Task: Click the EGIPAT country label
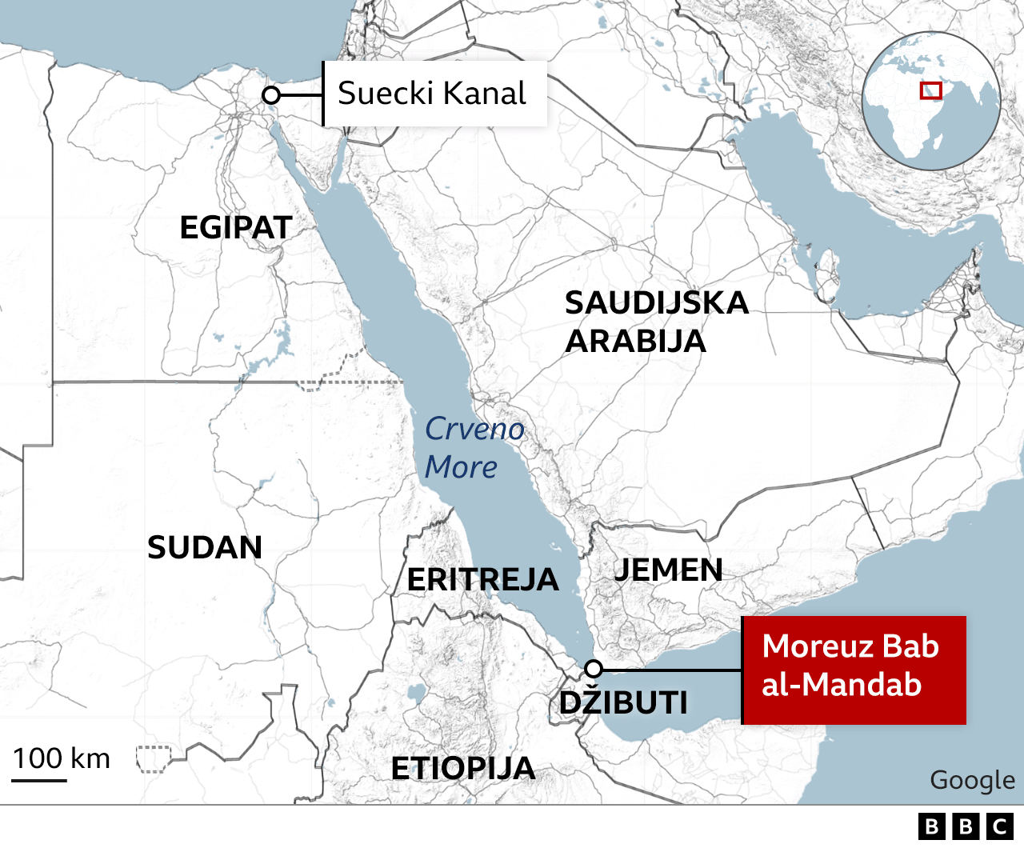235,228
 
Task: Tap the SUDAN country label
205,548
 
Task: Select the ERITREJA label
482,580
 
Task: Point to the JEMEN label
668,570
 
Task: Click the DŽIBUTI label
623,703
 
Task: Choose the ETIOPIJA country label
463,769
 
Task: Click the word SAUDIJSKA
657,303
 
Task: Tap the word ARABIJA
636,342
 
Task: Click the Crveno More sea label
474,448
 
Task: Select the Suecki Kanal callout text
432,94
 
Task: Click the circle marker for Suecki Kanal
271,96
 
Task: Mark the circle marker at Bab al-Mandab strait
593,669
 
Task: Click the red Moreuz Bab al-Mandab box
853,670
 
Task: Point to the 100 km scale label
62,758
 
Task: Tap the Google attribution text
972,780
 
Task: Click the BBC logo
966,826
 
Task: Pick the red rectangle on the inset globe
930,90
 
